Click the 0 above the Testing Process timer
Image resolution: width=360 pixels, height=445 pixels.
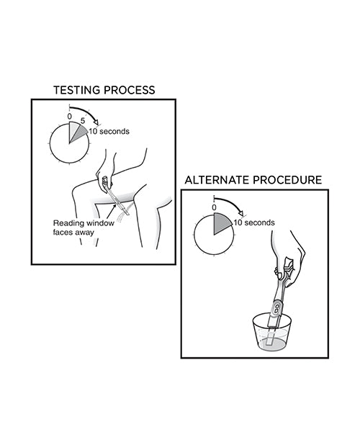click(69, 115)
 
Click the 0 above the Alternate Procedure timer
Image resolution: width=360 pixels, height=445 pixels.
click(214, 207)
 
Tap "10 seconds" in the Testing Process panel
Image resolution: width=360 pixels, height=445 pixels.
click(108, 132)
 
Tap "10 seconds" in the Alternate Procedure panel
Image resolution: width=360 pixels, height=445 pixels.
click(253, 223)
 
